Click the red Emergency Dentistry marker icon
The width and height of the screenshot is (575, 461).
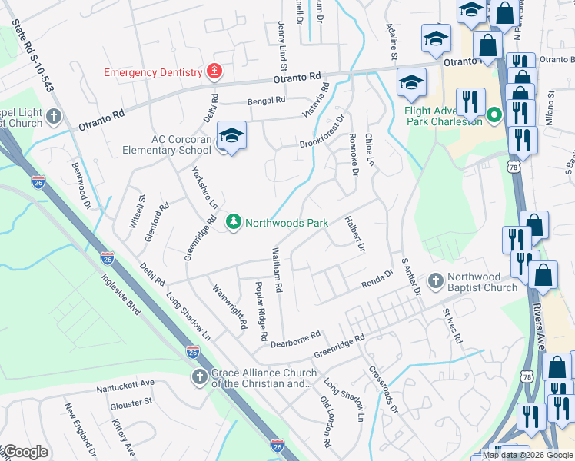coord(214,72)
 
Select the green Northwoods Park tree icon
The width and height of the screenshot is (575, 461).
coord(234,223)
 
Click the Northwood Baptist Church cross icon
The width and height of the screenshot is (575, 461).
coord(435,282)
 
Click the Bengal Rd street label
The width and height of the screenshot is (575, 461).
coord(266,101)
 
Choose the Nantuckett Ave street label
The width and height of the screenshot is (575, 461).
coord(125,387)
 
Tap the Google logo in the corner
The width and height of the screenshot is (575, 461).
coord(25,452)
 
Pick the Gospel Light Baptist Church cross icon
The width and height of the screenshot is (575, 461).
coord(53,117)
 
